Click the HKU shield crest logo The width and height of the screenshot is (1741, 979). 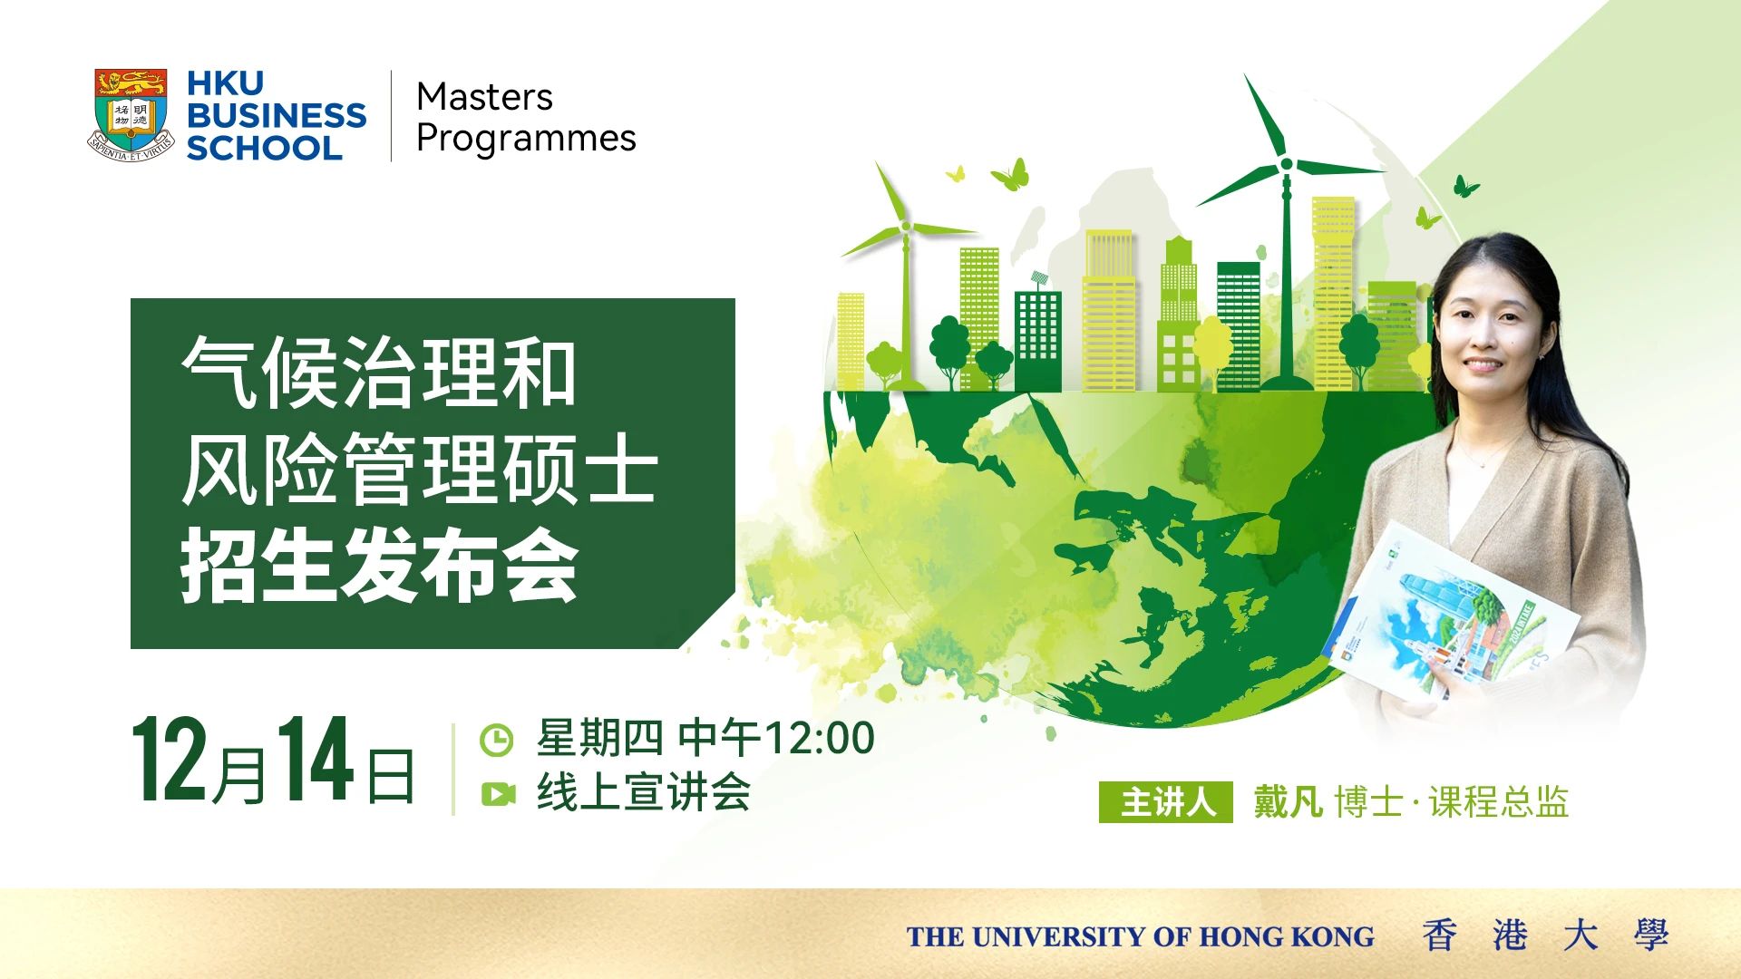point(131,115)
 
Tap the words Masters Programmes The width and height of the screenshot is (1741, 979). point(526,118)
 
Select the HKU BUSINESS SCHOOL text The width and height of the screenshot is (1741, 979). point(276,115)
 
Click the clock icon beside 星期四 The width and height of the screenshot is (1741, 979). point(496,740)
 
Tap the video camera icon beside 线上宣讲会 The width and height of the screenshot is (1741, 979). point(498,794)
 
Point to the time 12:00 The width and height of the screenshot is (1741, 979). point(820,738)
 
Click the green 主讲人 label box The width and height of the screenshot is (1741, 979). point(1165,802)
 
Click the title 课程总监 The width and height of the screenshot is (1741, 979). point(1498,802)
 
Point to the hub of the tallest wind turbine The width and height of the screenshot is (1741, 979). point(1286,164)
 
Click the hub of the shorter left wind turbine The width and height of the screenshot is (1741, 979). point(904,226)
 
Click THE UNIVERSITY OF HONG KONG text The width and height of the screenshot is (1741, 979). point(1140,936)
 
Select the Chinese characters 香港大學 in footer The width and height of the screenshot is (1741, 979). point(1545,935)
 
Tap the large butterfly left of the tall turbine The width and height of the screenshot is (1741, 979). point(1010,174)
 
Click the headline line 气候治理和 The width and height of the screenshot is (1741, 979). point(378,373)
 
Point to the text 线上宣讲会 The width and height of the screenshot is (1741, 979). point(644,792)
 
